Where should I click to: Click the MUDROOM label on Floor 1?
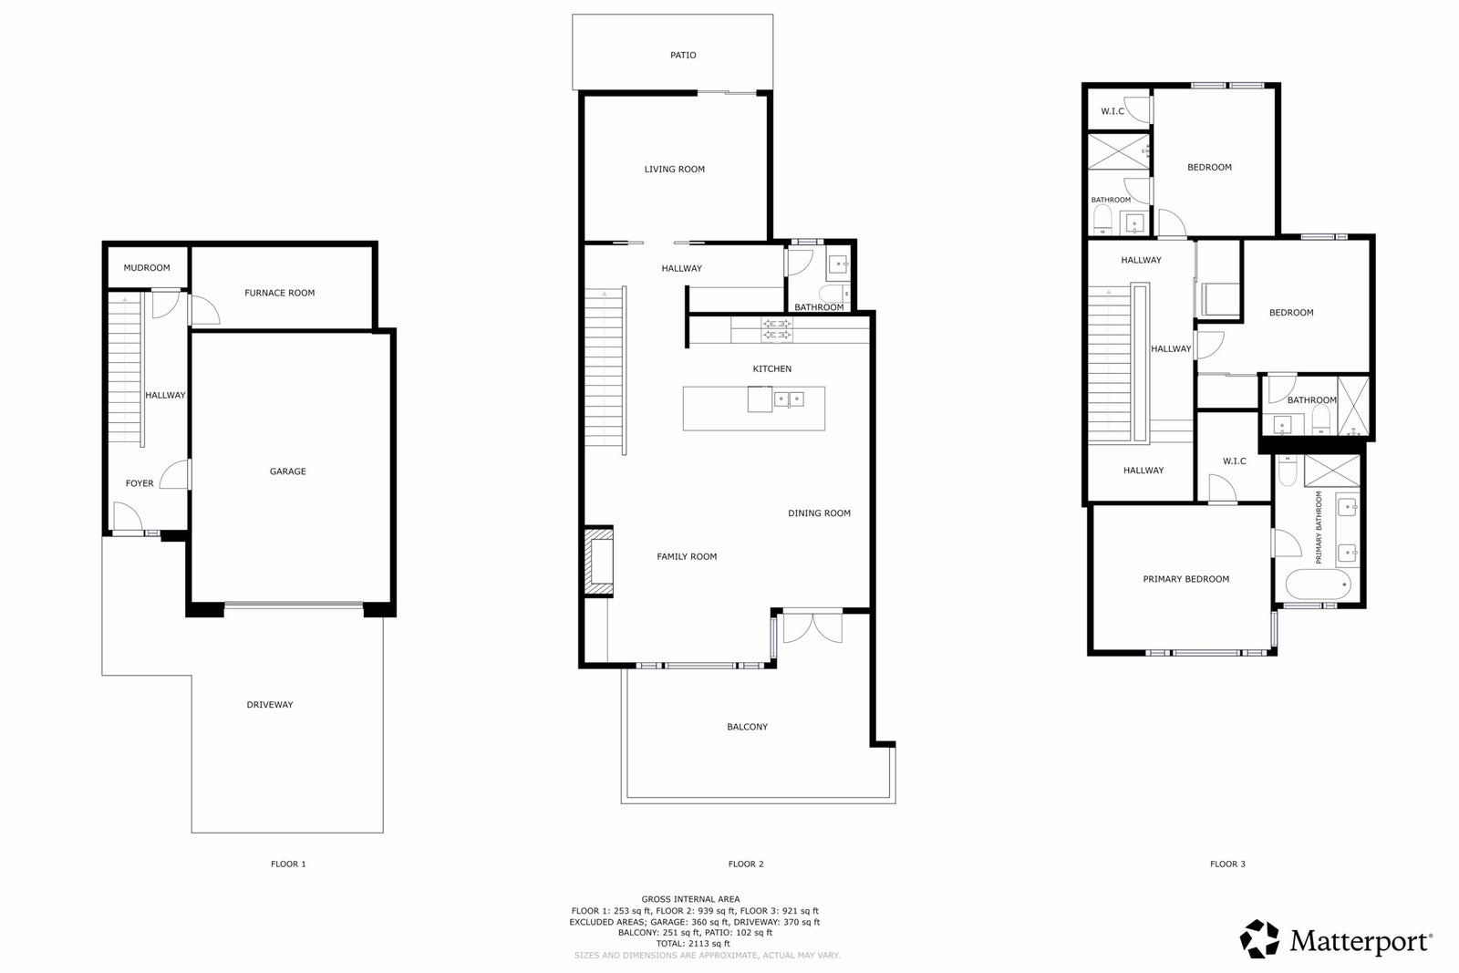pos(147,268)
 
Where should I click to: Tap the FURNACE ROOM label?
pos(279,293)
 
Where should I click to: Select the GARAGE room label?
pos(288,471)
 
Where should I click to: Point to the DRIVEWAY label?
pos(270,705)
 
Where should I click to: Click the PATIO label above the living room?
pos(683,56)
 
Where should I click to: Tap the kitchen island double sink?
pos(789,399)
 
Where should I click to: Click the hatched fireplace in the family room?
pos(598,562)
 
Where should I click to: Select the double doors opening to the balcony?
pos(812,627)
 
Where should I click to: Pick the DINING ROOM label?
pos(820,513)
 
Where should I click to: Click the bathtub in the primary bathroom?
pos(1319,585)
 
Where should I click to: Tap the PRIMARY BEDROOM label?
pos(1186,579)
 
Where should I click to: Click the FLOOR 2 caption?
pos(746,864)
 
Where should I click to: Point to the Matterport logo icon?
pos(1259,939)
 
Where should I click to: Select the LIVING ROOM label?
pos(675,170)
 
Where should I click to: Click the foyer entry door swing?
pos(128,516)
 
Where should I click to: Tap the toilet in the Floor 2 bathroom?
pos(834,293)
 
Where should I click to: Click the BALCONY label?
pos(747,727)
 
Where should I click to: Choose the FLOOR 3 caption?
pos(1227,864)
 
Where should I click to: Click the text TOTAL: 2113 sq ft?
pos(693,944)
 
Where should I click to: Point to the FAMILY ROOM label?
pos(687,557)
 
